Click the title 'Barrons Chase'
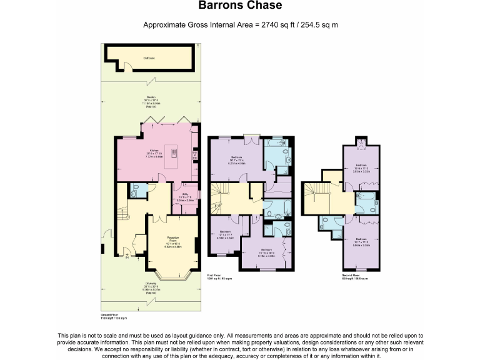(x=240, y=6)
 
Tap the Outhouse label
(x=149, y=58)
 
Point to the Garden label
(x=151, y=99)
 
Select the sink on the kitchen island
(x=175, y=152)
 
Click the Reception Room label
(x=173, y=237)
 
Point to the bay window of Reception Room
(x=172, y=273)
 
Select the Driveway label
(x=151, y=286)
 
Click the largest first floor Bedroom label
(x=237, y=157)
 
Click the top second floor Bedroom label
(x=361, y=166)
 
